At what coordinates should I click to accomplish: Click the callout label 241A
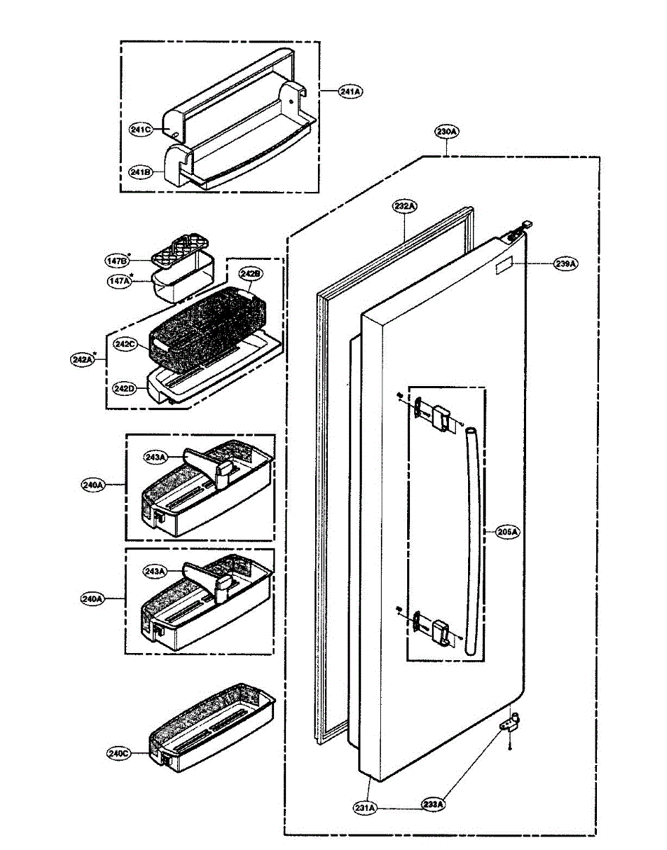[x=350, y=91]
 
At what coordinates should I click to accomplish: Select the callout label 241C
[x=141, y=130]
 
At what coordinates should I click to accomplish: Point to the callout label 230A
[x=447, y=132]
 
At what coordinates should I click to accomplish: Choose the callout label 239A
[x=566, y=263]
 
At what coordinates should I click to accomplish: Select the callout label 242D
[x=123, y=388]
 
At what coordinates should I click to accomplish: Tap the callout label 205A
[x=507, y=532]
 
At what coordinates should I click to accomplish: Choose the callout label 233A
[x=433, y=805]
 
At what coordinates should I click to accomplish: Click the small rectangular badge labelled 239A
[x=502, y=267]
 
